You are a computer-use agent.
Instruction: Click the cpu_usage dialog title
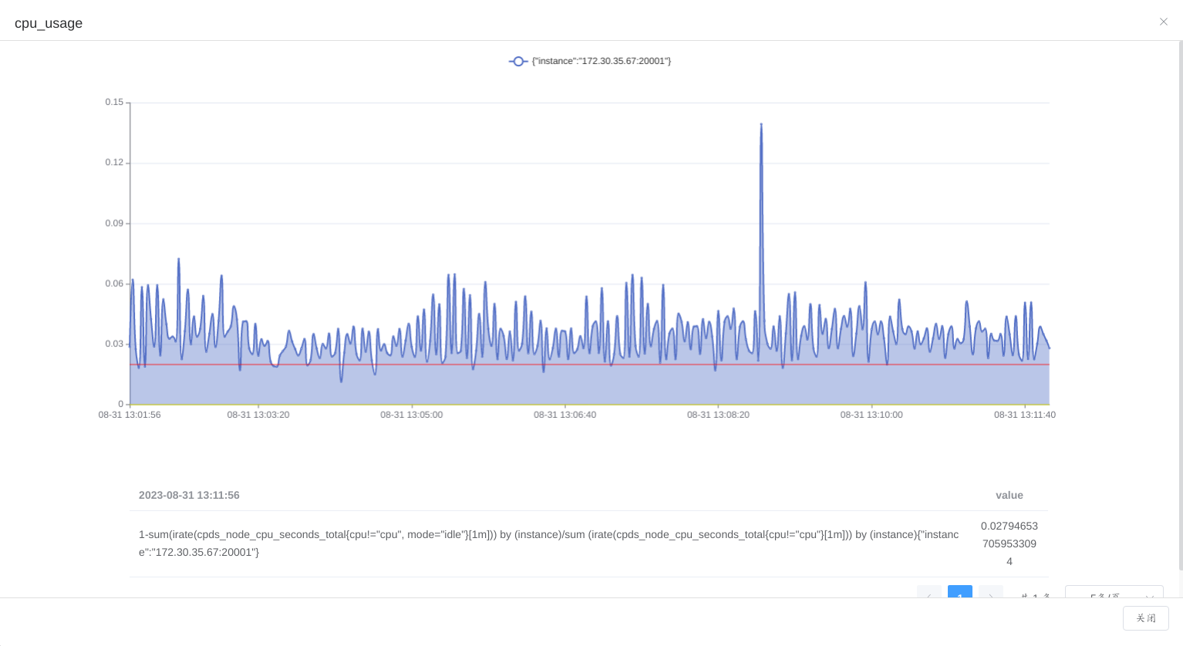[49, 23]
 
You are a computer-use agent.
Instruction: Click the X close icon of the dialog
[1164, 22]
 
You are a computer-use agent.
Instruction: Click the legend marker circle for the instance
[518, 61]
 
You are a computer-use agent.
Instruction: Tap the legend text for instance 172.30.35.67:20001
[601, 61]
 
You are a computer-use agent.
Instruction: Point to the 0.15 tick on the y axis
[114, 102]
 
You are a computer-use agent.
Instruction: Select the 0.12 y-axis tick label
[114, 163]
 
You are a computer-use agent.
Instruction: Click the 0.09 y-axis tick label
[114, 223]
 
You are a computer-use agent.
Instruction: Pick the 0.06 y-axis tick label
[114, 284]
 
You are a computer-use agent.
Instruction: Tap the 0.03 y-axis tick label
[114, 344]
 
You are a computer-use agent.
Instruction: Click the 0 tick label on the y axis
[120, 404]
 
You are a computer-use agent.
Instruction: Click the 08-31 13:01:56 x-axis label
[130, 415]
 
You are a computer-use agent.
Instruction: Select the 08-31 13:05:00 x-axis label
[411, 415]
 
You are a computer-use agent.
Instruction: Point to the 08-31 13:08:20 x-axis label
[718, 415]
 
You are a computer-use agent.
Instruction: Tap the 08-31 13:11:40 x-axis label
[1024, 415]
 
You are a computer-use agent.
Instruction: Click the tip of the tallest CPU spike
[761, 124]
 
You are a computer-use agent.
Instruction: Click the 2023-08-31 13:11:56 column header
[189, 495]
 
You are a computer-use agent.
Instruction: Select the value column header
[1009, 495]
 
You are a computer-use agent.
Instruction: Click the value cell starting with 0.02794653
[1009, 543]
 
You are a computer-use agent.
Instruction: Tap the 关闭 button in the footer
[1145, 618]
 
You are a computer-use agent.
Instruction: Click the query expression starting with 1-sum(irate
[548, 543]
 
